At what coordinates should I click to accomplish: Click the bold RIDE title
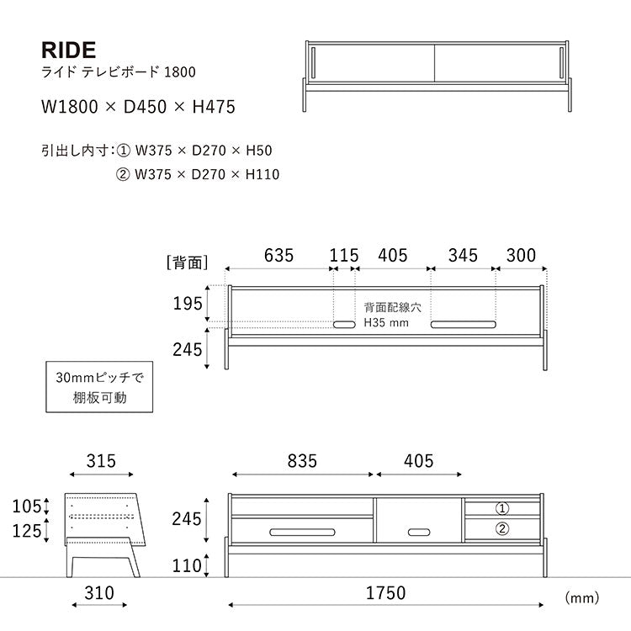pos(68,50)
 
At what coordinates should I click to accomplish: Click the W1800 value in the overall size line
pos(70,107)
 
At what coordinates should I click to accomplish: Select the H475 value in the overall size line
pos(214,107)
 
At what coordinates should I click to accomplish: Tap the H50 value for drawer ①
pos(259,151)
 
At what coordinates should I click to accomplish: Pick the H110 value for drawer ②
pos(262,174)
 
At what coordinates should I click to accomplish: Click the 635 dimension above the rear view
pos(278,256)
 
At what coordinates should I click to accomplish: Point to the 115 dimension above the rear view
pos(344,256)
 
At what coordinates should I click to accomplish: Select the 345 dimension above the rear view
pos(463,256)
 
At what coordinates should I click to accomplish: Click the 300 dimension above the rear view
pos(521,256)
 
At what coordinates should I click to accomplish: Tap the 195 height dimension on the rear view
pos(188,304)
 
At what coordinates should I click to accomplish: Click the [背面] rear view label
pos(187,262)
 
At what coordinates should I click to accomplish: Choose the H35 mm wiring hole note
pos(386,323)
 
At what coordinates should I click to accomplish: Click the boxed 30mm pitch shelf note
pos(99,387)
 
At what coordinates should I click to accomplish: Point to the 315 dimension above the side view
pos(101,461)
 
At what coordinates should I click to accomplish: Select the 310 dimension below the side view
pos(99,593)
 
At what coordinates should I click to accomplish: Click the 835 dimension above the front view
pos(302,461)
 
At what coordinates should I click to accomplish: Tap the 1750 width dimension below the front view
pos(385,593)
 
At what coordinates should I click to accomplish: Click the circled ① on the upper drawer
pos(501,509)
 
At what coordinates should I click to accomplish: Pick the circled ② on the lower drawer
pos(501,528)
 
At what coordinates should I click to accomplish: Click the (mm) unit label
pos(582,597)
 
